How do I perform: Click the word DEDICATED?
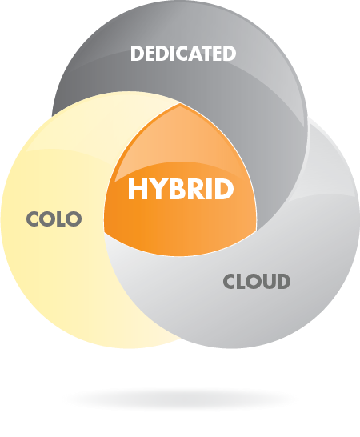(x=183, y=54)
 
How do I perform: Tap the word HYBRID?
(x=181, y=189)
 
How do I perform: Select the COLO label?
(x=54, y=218)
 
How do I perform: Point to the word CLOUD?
(x=257, y=281)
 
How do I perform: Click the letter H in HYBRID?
(x=136, y=189)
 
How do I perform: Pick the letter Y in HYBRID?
(x=154, y=189)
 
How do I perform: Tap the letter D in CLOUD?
(x=283, y=281)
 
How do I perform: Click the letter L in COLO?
(x=61, y=218)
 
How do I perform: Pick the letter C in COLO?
(x=33, y=218)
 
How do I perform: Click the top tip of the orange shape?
(x=180, y=103)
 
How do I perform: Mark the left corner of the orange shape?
(x=104, y=232)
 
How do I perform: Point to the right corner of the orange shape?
(x=256, y=231)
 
